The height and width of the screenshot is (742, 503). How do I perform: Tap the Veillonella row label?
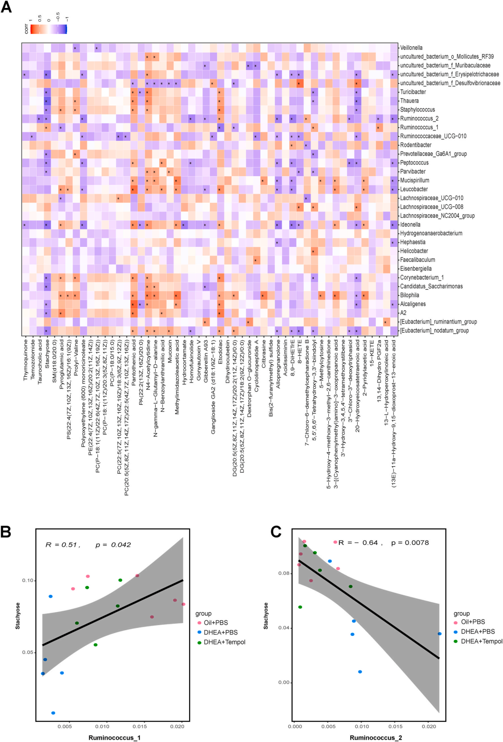click(411, 48)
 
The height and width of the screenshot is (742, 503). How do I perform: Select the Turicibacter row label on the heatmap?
click(413, 92)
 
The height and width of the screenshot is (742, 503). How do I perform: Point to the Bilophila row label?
click(409, 295)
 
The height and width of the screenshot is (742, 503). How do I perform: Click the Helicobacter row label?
click(414, 251)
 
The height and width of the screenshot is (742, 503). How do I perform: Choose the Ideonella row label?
click(410, 225)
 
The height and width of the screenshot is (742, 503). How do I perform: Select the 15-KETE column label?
click(372, 351)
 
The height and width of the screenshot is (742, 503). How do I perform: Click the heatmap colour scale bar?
click(48, 29)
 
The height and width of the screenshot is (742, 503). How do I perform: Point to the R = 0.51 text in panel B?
click(62, 545)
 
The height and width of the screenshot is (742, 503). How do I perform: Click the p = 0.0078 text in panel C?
click(410, 543)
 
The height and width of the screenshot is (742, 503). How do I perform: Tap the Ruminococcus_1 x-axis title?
click(114, 737)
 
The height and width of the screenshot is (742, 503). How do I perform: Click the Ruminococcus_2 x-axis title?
click(375, 737)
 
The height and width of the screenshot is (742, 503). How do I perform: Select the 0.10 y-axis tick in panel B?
click(28, 580)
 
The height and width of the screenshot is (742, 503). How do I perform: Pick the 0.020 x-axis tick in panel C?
click(429, 726)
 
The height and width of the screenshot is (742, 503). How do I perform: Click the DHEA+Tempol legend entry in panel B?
click(224, 642)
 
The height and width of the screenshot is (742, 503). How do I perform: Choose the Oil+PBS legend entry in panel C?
click(472, 622)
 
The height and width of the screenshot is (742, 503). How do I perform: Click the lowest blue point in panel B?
click(53, 713)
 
